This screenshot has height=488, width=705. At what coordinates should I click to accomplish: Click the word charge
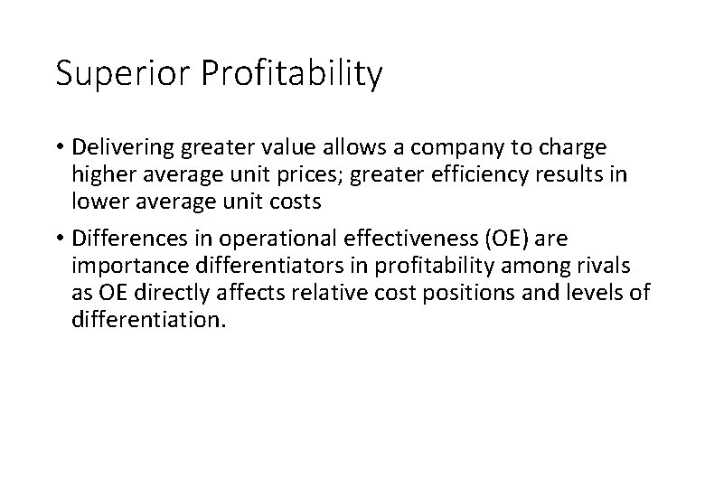[572, 147]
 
